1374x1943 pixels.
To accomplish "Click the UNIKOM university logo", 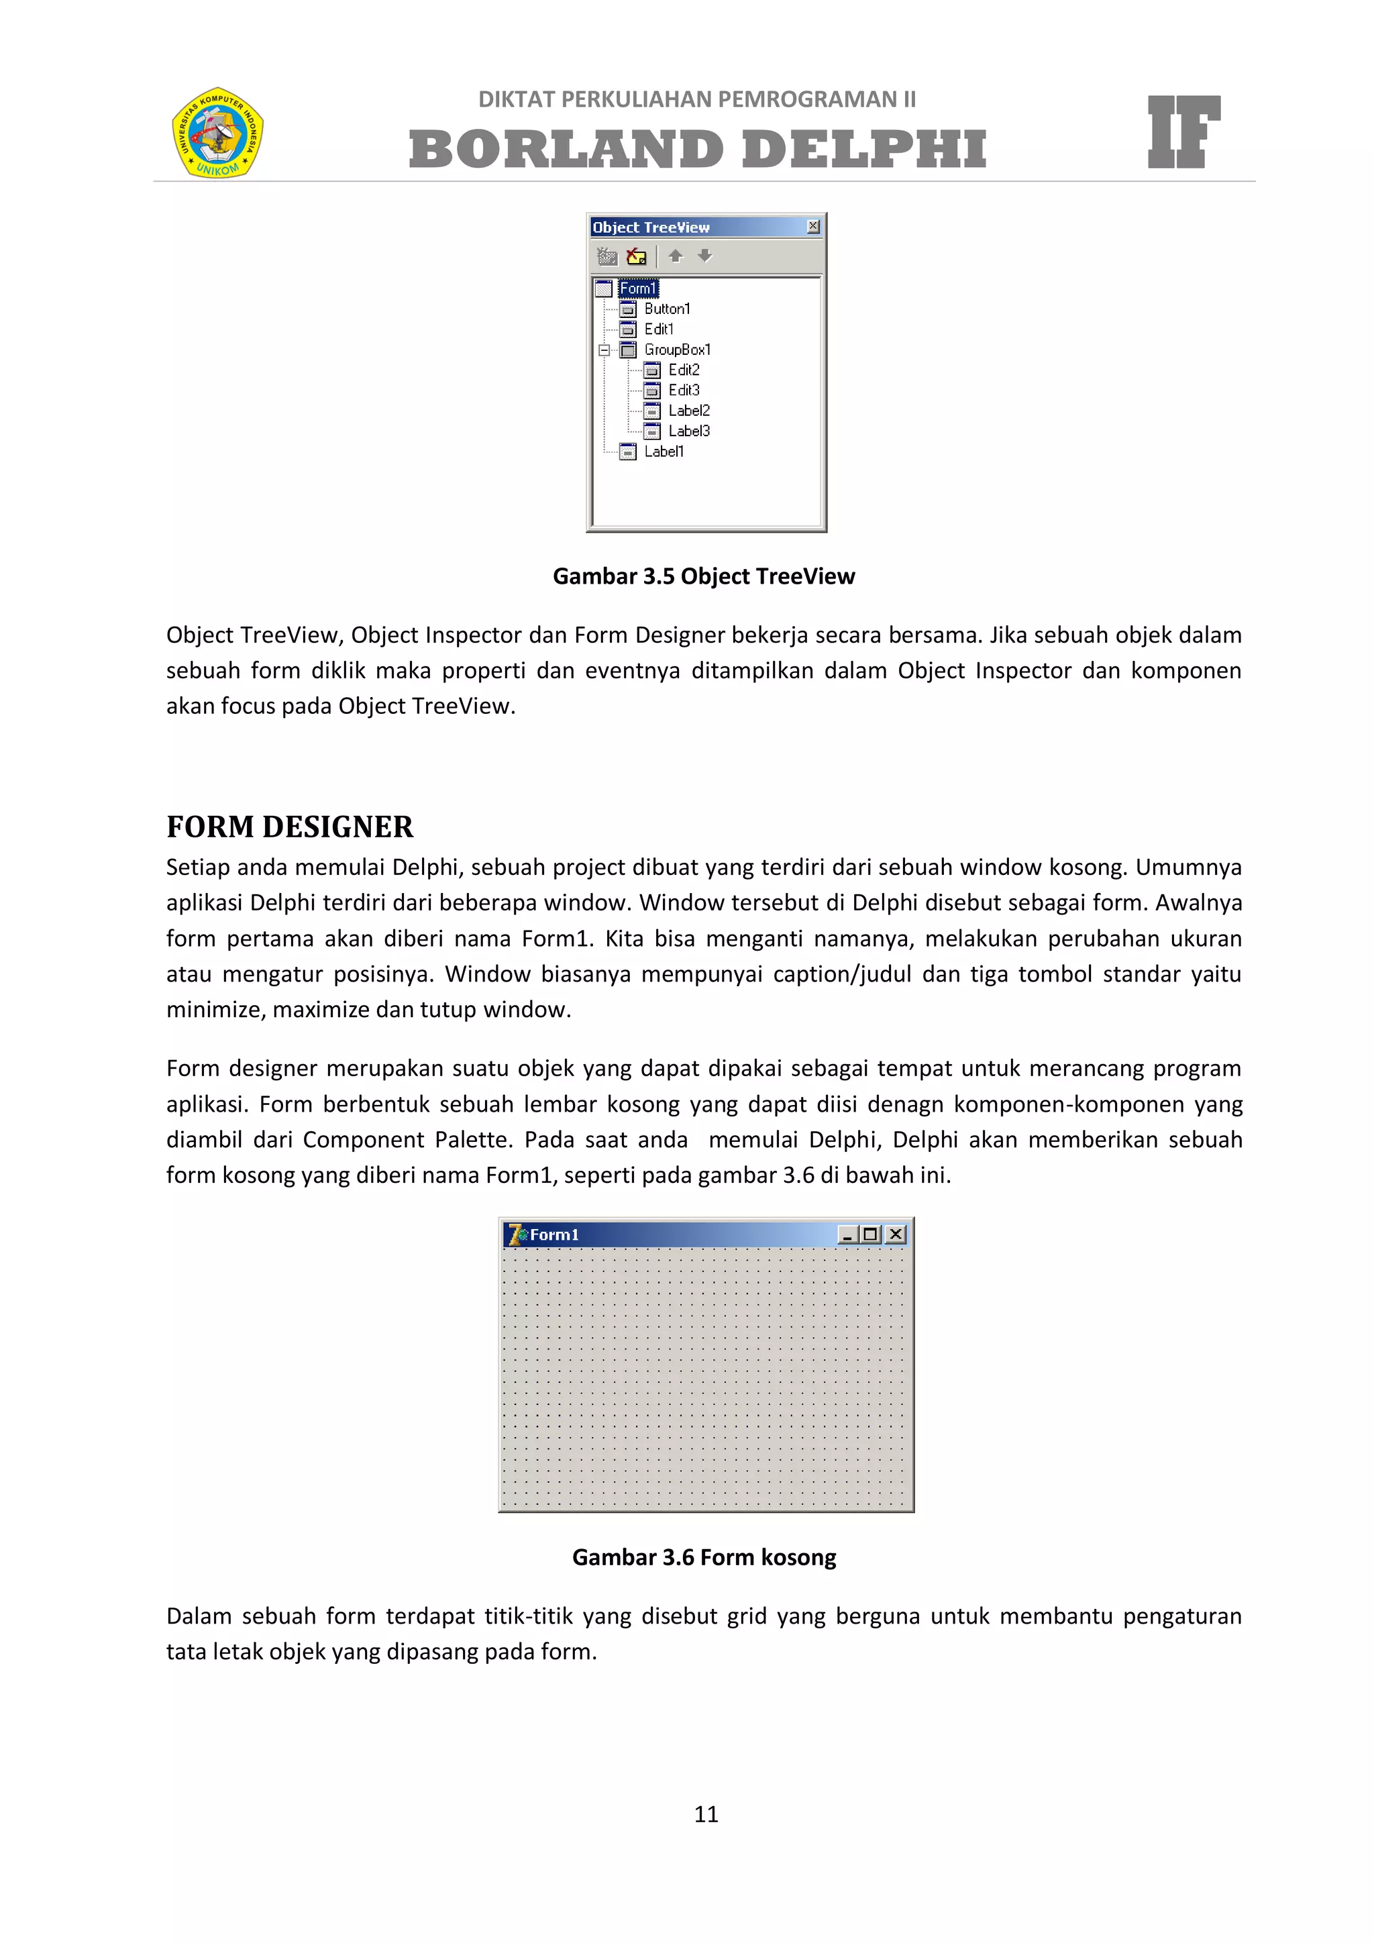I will [217, 132].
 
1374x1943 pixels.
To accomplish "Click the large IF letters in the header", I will [1183, 132].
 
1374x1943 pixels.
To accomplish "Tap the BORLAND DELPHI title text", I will [697, 149].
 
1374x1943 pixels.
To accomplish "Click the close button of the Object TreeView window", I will [812, 226].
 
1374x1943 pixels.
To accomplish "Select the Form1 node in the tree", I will [637, 288].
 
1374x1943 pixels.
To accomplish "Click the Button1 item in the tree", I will [667, 309].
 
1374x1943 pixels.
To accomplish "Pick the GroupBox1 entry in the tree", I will [677, 350].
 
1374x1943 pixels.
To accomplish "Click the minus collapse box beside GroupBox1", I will [604, 350].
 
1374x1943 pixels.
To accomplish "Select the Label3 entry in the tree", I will [689, 431].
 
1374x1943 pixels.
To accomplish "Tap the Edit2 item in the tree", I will [684, 370].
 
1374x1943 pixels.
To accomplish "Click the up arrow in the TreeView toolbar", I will [675, 256].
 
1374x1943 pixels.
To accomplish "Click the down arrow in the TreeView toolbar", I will [704, 256].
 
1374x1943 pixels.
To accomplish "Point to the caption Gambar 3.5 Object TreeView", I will [703, 576].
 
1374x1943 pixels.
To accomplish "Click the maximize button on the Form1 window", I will [869, 1235].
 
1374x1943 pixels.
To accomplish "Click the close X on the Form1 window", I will [895, 1235].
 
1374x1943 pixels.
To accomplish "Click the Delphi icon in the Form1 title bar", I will [516, 1235].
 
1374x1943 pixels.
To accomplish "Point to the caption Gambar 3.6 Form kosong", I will [703, 1557].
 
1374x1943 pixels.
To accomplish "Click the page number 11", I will [706, 1814].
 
